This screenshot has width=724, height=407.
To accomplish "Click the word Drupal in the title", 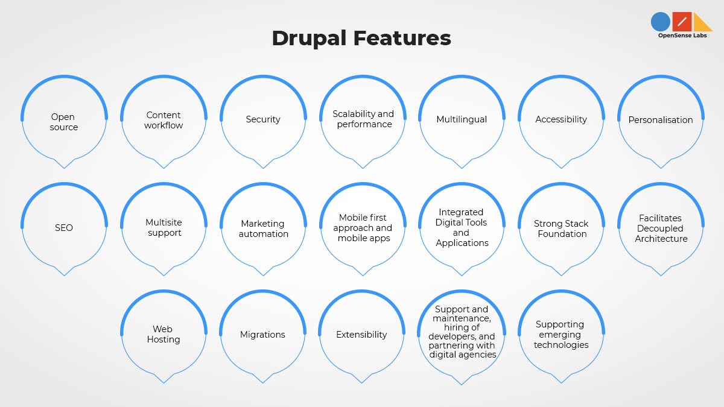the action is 309,39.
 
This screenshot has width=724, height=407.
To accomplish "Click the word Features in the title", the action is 402,38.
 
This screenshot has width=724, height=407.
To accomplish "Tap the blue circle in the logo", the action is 660,22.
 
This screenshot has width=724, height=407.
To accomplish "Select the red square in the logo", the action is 682,22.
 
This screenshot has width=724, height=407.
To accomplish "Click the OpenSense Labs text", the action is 682,36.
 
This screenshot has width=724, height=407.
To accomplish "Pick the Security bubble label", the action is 263,119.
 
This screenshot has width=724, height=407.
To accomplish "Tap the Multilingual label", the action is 462,119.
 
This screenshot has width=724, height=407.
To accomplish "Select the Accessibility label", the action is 561,119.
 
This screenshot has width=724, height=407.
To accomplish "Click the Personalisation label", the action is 661,120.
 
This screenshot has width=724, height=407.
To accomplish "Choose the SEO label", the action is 64,228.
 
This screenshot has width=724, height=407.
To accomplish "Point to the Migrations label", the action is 262,335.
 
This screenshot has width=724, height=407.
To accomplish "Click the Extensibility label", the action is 361,335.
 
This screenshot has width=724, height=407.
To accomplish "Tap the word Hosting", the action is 164,339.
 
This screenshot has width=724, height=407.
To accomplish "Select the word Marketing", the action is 263,224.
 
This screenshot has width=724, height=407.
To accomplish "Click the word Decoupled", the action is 660,229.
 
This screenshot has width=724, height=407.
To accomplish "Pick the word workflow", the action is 164,125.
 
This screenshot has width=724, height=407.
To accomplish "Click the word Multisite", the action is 164,222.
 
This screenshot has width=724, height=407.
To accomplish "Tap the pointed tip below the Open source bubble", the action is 64,168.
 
